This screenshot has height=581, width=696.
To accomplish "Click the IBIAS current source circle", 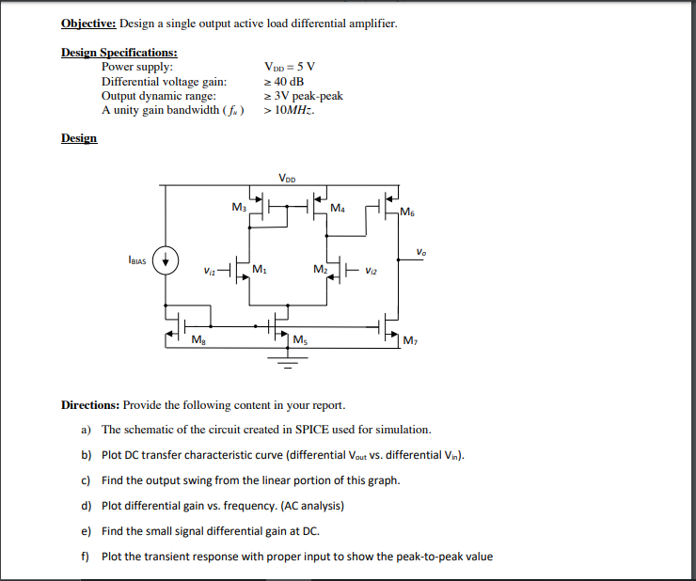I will point(166,259).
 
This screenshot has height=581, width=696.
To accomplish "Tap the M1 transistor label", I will point(259,270).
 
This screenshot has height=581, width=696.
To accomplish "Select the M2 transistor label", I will point(320,270).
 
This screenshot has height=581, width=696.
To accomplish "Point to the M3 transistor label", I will point(238,206).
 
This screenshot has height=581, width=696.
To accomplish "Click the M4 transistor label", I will point(337,206).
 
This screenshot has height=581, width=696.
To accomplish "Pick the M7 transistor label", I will point(408,339).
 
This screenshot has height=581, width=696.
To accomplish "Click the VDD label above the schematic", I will point(288,178).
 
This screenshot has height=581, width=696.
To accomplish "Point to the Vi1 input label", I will point(209,271).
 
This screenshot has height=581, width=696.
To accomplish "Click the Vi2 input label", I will point(372,270).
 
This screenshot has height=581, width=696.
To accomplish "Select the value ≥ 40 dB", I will point(284,82).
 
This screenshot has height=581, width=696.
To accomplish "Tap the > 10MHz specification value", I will point(290,110).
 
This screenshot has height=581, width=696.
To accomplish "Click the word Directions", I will point(89,405).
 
